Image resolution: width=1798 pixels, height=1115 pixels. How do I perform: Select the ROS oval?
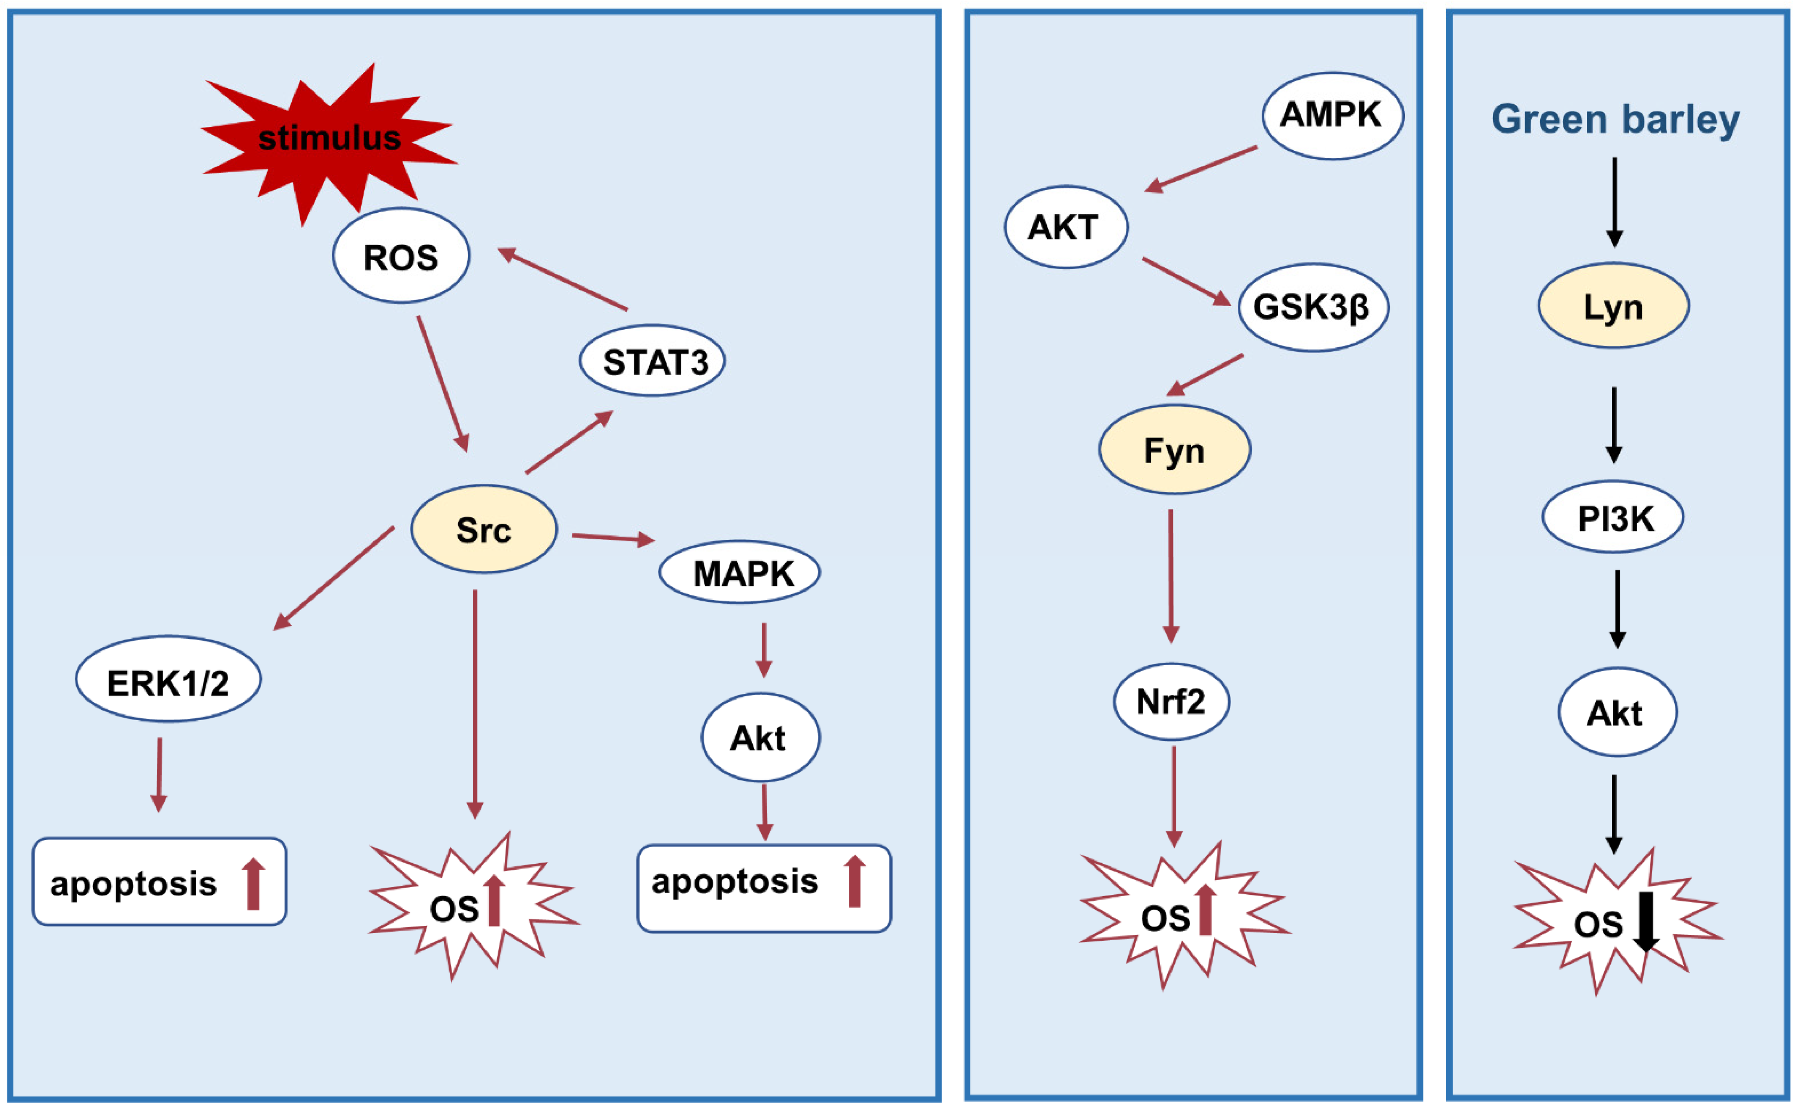[401, 256]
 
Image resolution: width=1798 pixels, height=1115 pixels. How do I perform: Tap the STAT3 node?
[653, 361]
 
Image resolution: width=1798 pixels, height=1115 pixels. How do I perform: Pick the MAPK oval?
[739, 573]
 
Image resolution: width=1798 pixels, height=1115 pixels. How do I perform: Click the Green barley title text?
[1615, 119]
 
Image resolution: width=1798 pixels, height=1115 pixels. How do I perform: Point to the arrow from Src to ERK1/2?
[334, 578]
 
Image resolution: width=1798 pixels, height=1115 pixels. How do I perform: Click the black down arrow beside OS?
[1646, 922]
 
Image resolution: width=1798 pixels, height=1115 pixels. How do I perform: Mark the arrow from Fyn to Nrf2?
[1171, 575]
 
